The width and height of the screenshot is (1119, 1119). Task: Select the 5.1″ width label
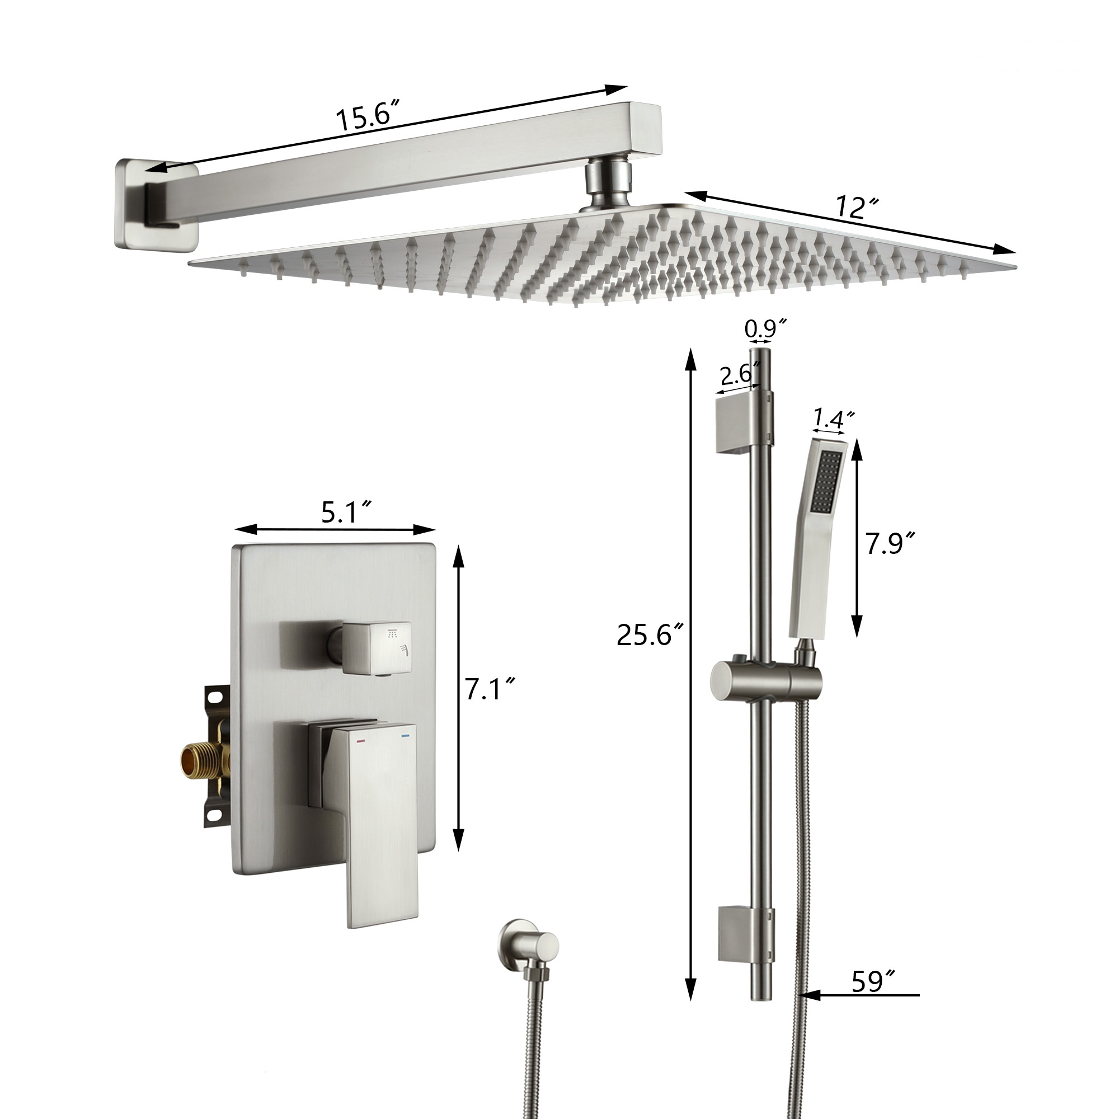[x=346, y=513]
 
